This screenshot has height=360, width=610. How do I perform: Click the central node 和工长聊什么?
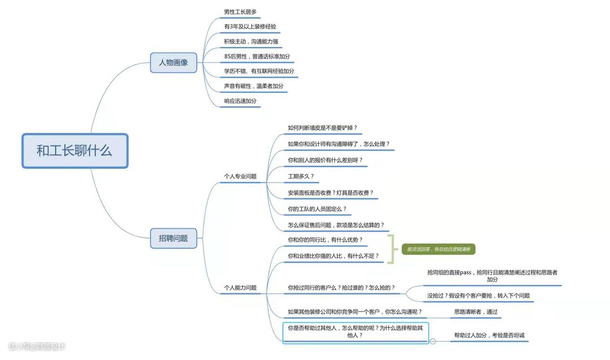pos(75,151)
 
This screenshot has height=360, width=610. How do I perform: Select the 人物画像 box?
pos(173,62)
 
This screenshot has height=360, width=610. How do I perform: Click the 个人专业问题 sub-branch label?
pos(240,176)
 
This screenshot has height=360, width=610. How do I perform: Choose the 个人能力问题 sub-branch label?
pos(240,288)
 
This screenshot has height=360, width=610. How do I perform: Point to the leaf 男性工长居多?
pos(241,12)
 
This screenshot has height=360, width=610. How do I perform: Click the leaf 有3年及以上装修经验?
pos(250,27)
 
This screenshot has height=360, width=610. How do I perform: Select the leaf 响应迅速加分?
pos(240,101)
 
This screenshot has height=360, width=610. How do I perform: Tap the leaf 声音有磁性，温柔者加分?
pos(254,86)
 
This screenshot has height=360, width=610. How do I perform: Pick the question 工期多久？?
pos(300,176)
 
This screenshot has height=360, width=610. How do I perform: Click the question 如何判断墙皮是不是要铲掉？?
pos(323,128)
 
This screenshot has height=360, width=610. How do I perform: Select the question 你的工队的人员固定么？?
pos(317,209)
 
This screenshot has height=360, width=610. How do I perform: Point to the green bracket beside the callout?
pos(391,249)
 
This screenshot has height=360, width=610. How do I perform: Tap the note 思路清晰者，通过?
pos(476,311)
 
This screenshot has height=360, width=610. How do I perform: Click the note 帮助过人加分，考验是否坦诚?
pos(489,335)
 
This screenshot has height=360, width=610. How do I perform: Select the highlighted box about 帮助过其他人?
pos(355,332)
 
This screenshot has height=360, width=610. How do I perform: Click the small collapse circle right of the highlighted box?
pos(433,341)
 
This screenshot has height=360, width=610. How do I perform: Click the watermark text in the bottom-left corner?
pos(37,346)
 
